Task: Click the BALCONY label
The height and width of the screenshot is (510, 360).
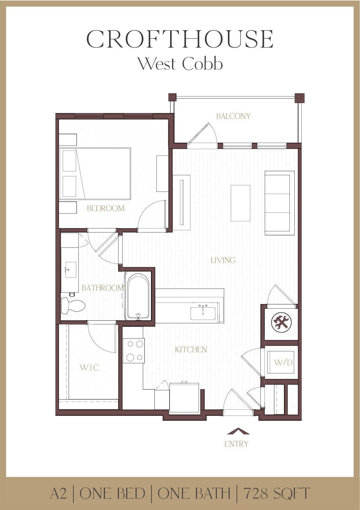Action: pos(233,116)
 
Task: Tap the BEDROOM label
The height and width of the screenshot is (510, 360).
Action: pos(106,208)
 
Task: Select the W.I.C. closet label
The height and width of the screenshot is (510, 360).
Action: pos(90,368)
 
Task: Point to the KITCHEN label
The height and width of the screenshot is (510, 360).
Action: pos(191,349)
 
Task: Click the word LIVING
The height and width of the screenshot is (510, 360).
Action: pos(223,260)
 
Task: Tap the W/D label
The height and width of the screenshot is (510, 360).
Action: pos(283,362)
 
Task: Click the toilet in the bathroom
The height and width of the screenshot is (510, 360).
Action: pos(73,306)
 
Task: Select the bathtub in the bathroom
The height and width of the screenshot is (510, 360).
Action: pos(138,296)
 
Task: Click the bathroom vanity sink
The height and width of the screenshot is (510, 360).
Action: pos(71,269)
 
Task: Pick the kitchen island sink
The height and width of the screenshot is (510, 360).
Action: pos(203,313)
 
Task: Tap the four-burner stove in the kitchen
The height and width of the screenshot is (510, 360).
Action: pos(133,351)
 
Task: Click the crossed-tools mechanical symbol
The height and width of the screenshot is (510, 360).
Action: pos(281,322)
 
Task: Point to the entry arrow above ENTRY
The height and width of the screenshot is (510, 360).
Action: pos(238,431)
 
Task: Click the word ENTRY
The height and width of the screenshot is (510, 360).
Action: pos(236,444)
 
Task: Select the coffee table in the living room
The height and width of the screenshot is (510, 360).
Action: pos(240,203)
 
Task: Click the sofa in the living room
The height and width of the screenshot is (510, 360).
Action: pos(279,203)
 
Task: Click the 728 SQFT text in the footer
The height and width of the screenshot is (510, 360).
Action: pos(276,493)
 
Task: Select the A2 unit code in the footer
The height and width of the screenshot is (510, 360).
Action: pos(58,493)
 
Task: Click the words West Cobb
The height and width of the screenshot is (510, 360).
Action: pos(180,64)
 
